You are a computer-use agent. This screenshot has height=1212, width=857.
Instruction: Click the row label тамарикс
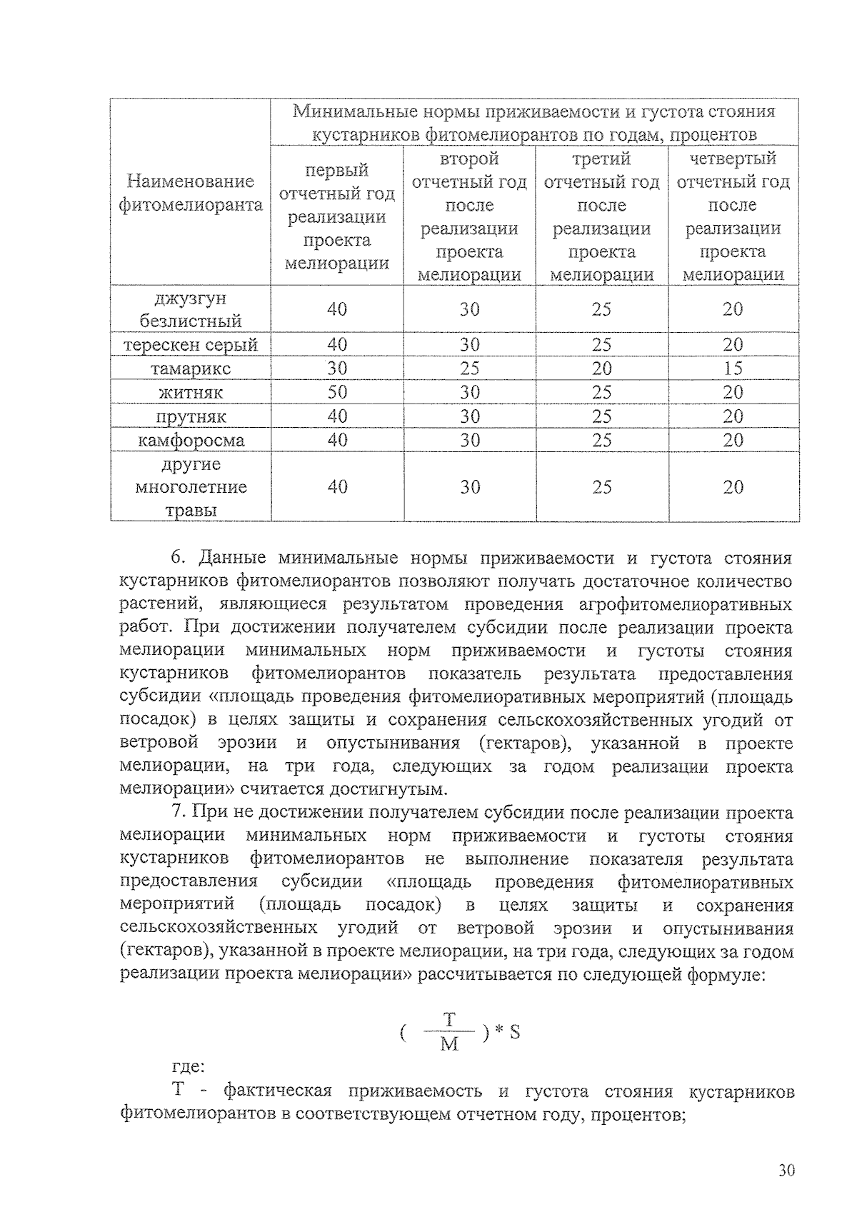[x=191, y=369]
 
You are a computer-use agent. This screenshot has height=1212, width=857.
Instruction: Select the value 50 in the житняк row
[x=337, y=392]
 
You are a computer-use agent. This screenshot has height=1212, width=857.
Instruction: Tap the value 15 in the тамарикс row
[x=733, y=369]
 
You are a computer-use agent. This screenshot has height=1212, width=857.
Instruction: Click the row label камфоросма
[x=191, y=440]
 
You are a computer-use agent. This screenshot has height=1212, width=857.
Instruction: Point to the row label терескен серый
[x=191, y=345]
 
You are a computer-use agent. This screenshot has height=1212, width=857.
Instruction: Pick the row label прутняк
[x=191, y=416]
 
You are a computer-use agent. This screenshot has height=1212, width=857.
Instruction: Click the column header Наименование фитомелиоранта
[x=191, y=194]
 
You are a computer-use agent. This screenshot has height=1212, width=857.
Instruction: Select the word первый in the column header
[x=337, y=170]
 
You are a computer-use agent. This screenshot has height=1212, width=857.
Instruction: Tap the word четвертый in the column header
[x=733, y=159]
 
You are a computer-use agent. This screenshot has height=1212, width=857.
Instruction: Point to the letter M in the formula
[x=449, y=1044]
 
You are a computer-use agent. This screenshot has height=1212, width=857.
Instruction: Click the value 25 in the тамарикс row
[x=469, y=369]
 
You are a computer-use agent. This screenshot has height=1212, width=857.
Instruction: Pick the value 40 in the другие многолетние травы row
[x=337, y=487]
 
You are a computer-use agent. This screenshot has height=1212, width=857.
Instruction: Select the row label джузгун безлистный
[x=191, y=309]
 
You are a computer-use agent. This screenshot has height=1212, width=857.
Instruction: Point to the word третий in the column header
[x=601, y=159]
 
